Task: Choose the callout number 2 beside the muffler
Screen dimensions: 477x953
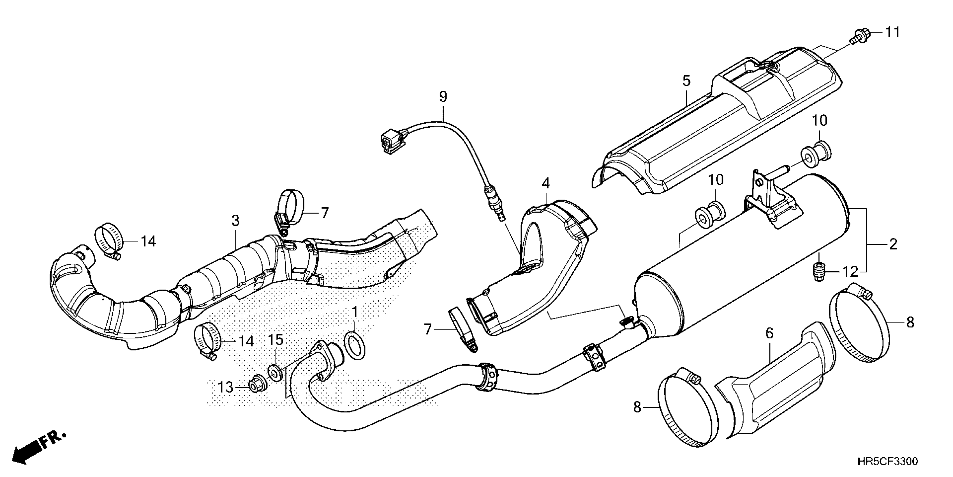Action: point(893,244)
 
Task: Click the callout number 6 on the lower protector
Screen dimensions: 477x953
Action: point(769,333)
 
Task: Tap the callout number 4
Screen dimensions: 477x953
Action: point(546,183)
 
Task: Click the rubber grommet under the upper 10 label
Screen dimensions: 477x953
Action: point(816,153)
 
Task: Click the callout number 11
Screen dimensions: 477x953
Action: point(892,33)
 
